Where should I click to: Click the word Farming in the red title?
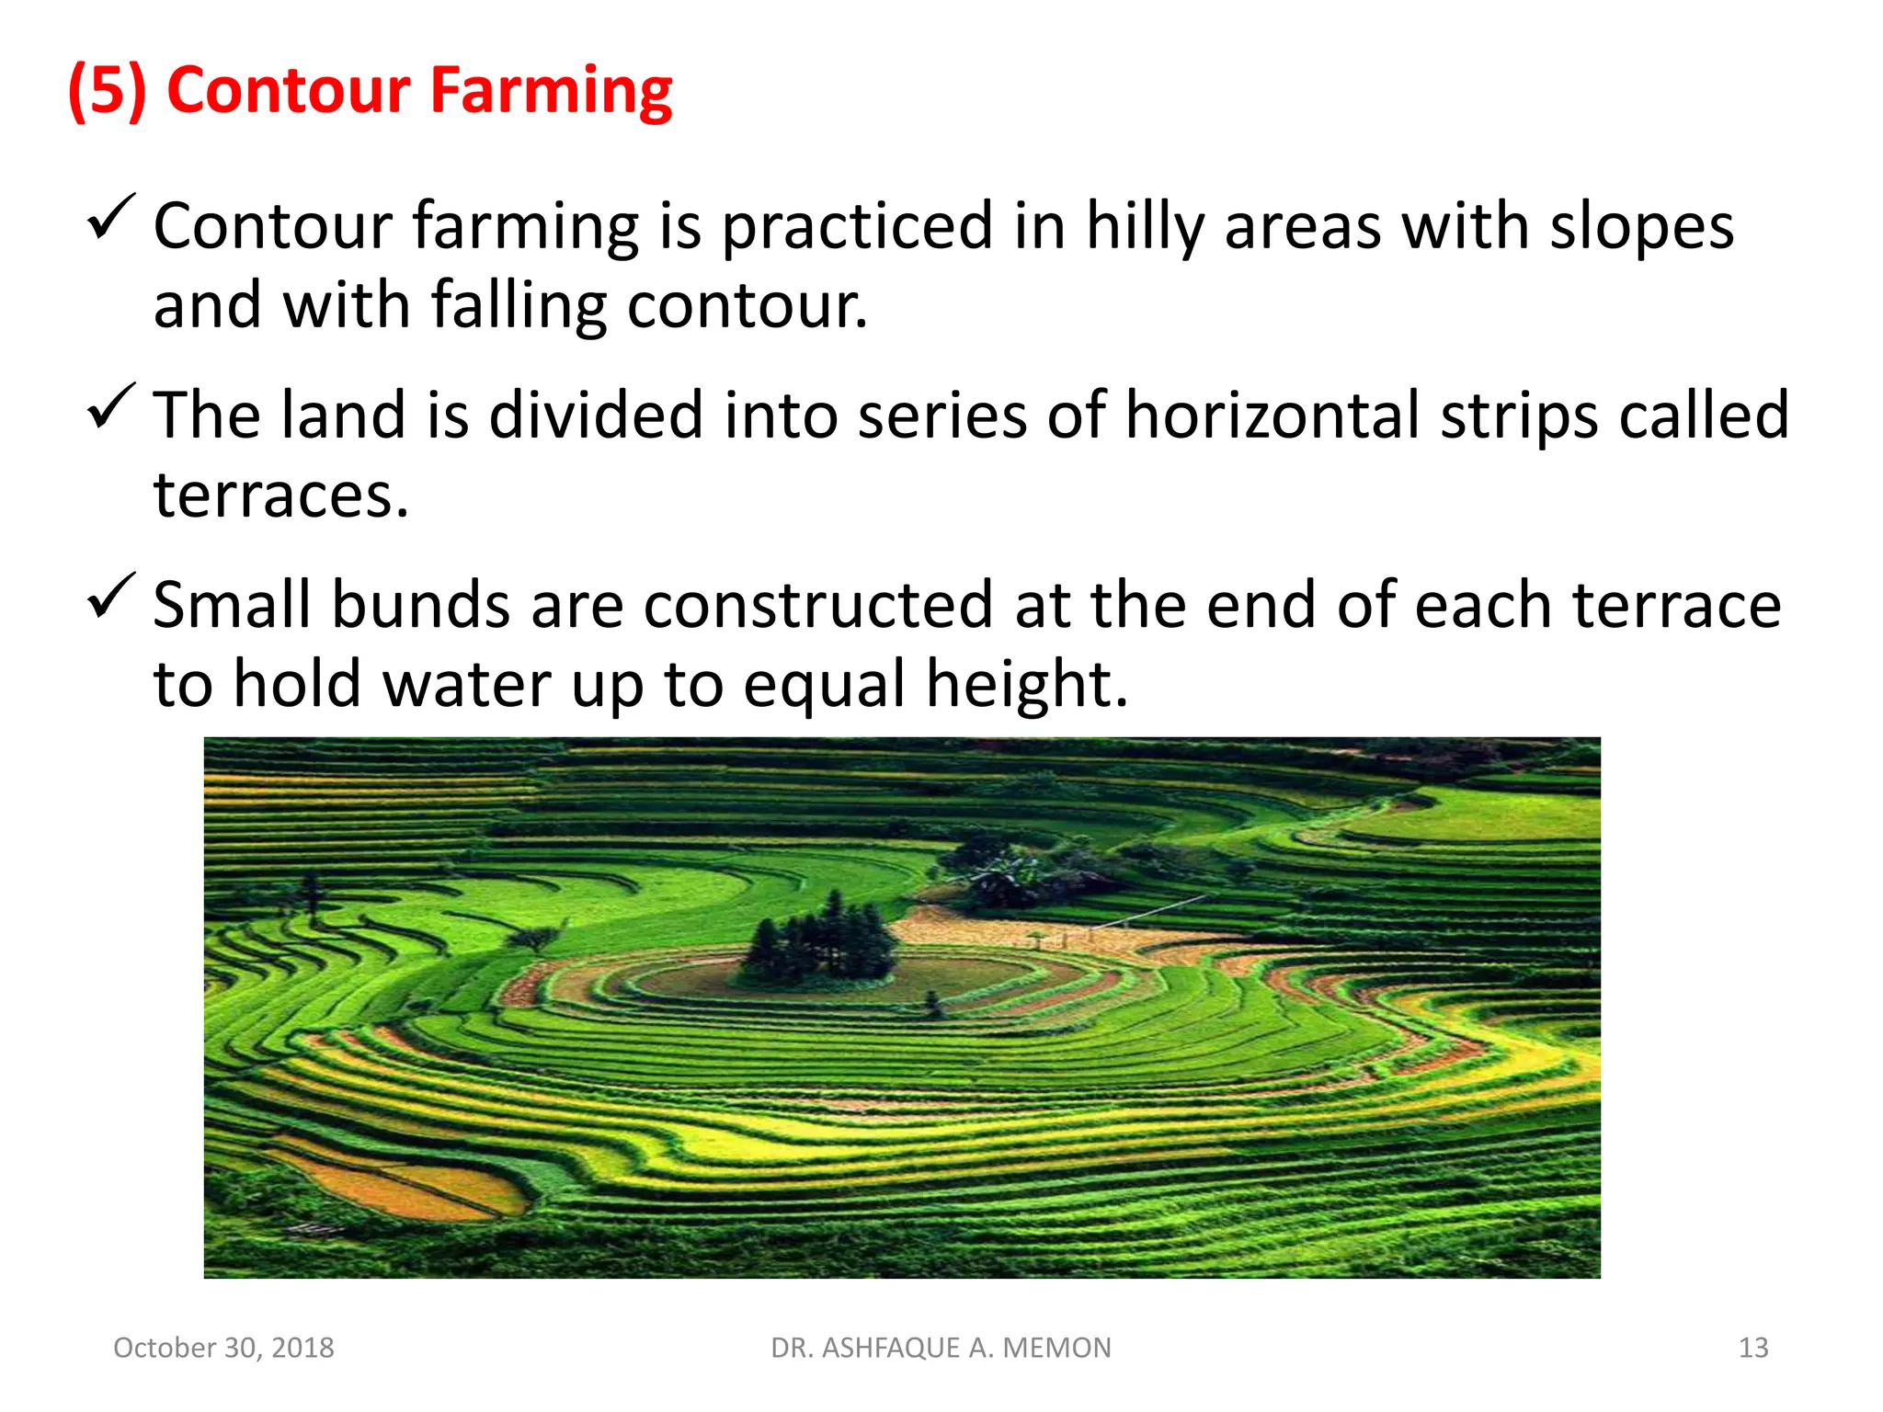(551, 91)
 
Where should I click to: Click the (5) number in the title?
(108, 91)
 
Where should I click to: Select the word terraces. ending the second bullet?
(280, 495)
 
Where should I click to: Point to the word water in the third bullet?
(465, 685)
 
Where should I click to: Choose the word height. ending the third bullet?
(1026, 685)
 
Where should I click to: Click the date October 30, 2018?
(223, 1348)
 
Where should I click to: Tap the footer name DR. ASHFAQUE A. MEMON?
(941, 1348)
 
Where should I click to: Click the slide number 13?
(1753, 1348)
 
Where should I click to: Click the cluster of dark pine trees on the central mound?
(821, 938)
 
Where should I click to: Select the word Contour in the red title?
(288, 91)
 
